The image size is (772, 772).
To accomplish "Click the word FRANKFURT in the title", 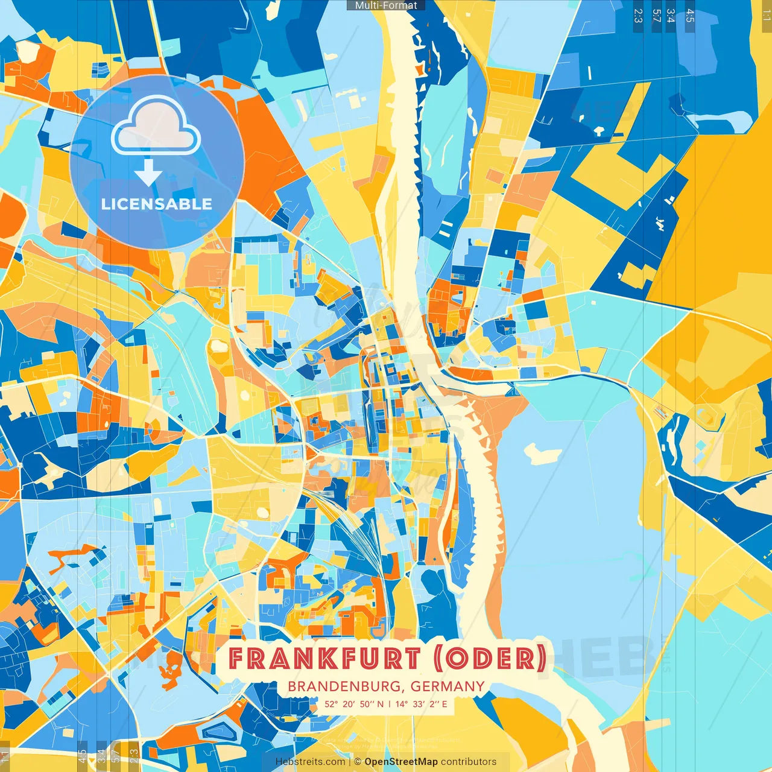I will coord(323,659).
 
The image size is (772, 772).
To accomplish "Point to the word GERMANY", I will coord(448,686).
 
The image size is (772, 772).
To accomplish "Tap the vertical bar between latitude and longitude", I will coord(389,704).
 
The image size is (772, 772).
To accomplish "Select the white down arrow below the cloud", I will coord(148,173).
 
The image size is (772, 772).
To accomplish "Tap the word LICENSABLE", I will coord(157,204).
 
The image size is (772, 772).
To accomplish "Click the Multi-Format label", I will coord(386,5).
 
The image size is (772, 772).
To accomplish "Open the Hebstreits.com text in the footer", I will coord(310,762).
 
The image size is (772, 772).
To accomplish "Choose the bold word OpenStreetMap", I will coord(401,762).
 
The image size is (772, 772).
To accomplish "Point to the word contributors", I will coord(469,762).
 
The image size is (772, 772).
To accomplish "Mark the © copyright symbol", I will coord(358,762).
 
